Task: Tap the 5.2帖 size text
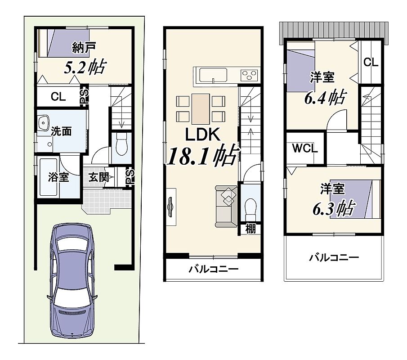click(x=85, y=67)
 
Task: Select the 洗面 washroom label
click(x=61, y=131)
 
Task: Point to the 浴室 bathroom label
click(x=58, y=177)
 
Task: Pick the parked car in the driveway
click(x=72, y=280)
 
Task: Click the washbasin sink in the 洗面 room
click(x=43, y=123)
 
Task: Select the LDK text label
click(x=203, y=135)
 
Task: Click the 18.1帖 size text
click(x=203, y=155)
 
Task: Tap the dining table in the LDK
click(x=201, y=109)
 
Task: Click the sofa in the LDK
click(x=226, y=206)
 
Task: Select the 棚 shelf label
click(x=250, y=229)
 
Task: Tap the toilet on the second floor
click(x=250, y=208)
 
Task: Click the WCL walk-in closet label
click(x=305, y=148)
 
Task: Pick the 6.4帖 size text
click(x=325, y=98)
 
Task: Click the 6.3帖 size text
click(x=334, y=208)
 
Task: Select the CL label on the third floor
click(x=371, y=62)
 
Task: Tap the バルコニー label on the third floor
click(x=334, y=257)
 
